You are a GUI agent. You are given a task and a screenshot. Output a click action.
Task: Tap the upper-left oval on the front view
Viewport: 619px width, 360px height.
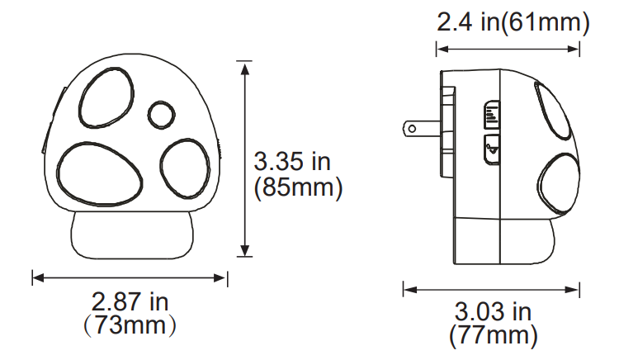tap(106, 97)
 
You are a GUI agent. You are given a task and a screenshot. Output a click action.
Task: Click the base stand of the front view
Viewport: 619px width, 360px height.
tap(132, 235)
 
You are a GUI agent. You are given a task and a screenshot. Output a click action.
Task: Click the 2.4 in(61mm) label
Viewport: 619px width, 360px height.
tap(513, 23)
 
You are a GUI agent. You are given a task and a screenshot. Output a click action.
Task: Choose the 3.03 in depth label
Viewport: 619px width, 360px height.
tap(494, 312)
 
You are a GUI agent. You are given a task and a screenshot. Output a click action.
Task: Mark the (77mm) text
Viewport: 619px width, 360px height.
tap(494, 335)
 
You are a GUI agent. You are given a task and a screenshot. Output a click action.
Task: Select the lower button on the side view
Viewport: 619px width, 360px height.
tap(491, 149)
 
